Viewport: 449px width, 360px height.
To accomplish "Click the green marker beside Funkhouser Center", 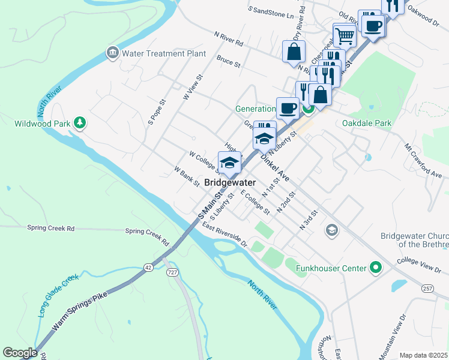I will pyautogui.click(x=376, y=268).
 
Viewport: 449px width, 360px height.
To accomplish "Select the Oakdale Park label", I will pyautogui.click(x=366, y=123).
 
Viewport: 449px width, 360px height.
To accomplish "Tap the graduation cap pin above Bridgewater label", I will pyautogui.click(x=229, y=163).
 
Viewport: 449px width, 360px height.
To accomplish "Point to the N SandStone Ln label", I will pyautogui.click(x=273, y=11).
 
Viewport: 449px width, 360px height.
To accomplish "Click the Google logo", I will pyautogui.click(x=20, y=353).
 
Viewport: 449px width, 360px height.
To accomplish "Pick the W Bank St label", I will pyautogui.click(x=187, y=177).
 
